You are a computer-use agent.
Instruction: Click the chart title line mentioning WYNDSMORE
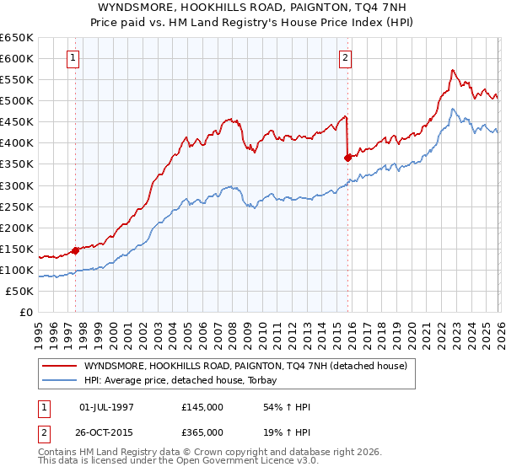252,7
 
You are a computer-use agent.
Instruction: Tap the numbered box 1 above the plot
74,58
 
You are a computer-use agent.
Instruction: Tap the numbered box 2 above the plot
346,58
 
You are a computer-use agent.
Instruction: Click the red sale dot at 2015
347,157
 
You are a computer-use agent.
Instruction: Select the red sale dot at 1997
75,249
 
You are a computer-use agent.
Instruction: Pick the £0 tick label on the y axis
25,312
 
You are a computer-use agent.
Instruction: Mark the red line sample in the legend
60,366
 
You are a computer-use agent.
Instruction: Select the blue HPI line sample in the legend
60,380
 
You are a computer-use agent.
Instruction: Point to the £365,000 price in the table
202,431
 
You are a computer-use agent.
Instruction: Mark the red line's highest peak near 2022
453,70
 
